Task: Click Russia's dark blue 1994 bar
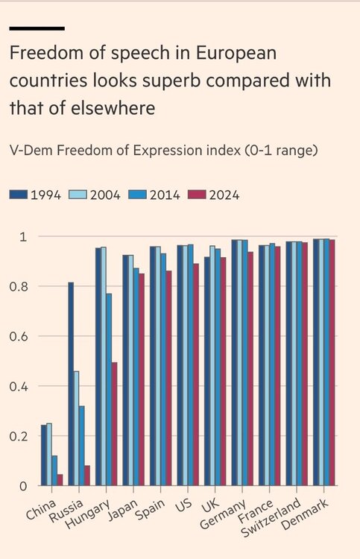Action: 71,384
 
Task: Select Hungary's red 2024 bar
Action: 114,424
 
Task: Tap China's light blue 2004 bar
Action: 49,455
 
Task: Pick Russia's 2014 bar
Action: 82,446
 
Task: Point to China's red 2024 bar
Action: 60,480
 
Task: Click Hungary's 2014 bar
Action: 109,390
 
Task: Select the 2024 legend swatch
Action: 197,195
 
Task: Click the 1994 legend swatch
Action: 19,195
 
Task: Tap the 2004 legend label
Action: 105,195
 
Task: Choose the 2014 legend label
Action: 165,195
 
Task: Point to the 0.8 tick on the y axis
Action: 18,287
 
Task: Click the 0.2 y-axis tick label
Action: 18,436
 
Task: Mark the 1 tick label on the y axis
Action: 24,237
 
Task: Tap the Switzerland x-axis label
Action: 270,517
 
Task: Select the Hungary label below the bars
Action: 88,514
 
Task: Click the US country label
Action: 183,505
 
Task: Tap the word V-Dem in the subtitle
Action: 31,150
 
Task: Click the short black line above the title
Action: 37,28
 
